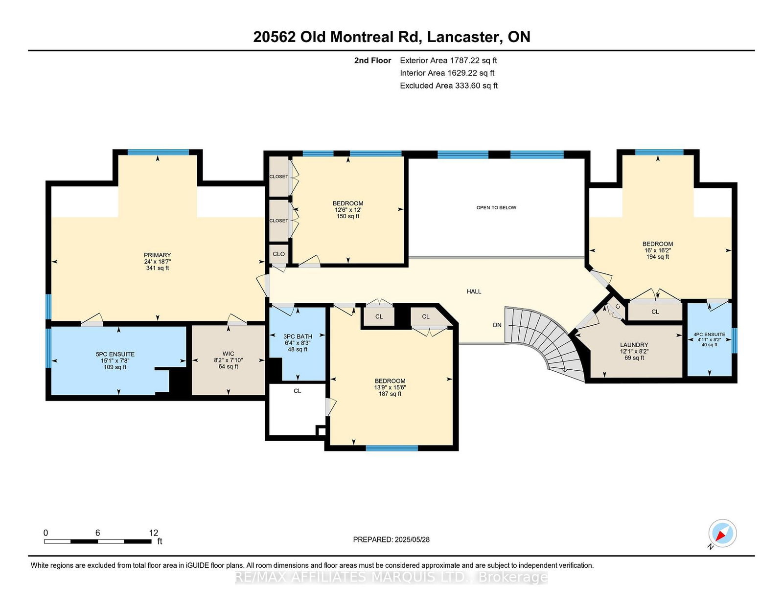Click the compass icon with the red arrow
point(722,533)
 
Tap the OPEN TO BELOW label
point(496,207)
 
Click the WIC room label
point(228,354)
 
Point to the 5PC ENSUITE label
point(115,355)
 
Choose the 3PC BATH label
point(298,336)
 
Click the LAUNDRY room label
point(634,345)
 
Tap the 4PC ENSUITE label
point(709,334)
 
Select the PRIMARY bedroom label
point(158,255)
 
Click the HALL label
point(474,291)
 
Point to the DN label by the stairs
point(497,325)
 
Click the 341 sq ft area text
point(158,269)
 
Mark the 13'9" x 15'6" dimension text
point(390,387)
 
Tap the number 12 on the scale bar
point(154,533)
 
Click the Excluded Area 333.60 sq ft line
point(449,86)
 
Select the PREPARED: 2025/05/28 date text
point(391,539)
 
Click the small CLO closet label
point(278,254)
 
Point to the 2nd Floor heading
point(372,61)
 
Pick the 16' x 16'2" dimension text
point(658,250)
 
